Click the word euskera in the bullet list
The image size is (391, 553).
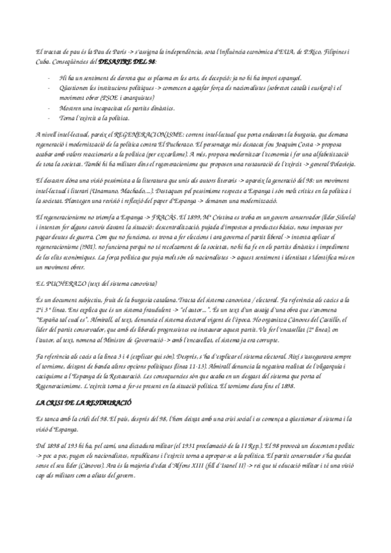pos(332,87)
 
